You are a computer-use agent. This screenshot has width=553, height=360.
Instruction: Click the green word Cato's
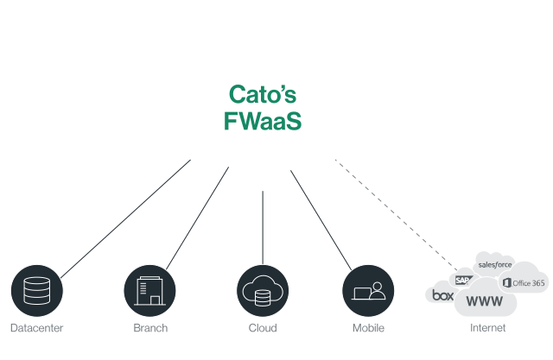(x=264, y=93)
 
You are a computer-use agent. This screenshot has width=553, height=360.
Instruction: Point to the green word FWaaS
(x=263, y=121)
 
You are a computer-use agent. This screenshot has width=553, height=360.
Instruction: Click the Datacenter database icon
(x=36, y=291)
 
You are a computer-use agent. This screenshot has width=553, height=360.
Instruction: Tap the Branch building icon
(x=149, y=291)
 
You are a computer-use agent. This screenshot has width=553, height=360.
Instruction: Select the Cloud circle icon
(x=262, y=291)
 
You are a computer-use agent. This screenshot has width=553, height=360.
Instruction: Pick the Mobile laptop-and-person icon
(x=368, y=291)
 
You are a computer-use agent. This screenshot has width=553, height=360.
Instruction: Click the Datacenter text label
(x=36, y=329)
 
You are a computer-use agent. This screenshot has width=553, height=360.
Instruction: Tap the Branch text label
(x=150, y=329)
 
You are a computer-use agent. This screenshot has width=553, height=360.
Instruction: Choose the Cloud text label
(x=262, y=329)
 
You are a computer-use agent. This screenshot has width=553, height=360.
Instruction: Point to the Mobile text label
(x=368, y=329)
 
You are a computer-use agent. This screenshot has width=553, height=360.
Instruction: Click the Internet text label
(x=488, y=329)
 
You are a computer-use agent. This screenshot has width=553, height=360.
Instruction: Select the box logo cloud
(x=442, y=295)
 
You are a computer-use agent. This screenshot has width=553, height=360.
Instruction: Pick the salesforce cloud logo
(x=495, y=264)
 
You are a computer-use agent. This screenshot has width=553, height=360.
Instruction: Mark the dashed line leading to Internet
(x=397, y=216)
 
